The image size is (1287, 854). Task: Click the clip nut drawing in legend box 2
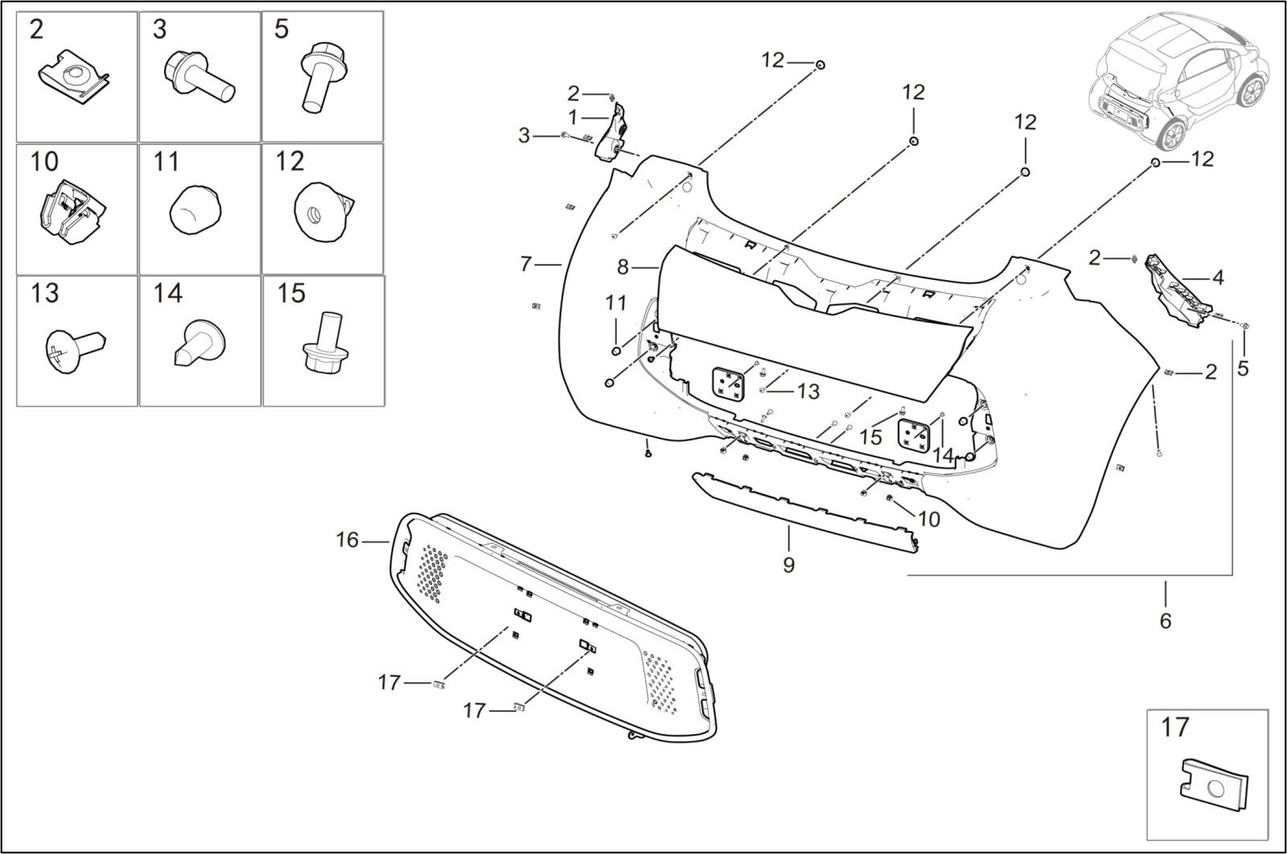(x=73, y=77)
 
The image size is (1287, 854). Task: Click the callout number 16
(x=347, y=541)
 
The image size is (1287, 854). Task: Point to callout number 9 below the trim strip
(x=788, y=565)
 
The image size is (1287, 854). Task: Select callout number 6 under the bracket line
(x=1166, y=621)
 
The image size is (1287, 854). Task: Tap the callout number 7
(x=526, y=263)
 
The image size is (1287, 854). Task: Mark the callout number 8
(x=623, y=266)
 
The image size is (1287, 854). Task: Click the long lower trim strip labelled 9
(x=804, y=510)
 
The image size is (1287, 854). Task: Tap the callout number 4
(x=1218, y=278)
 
